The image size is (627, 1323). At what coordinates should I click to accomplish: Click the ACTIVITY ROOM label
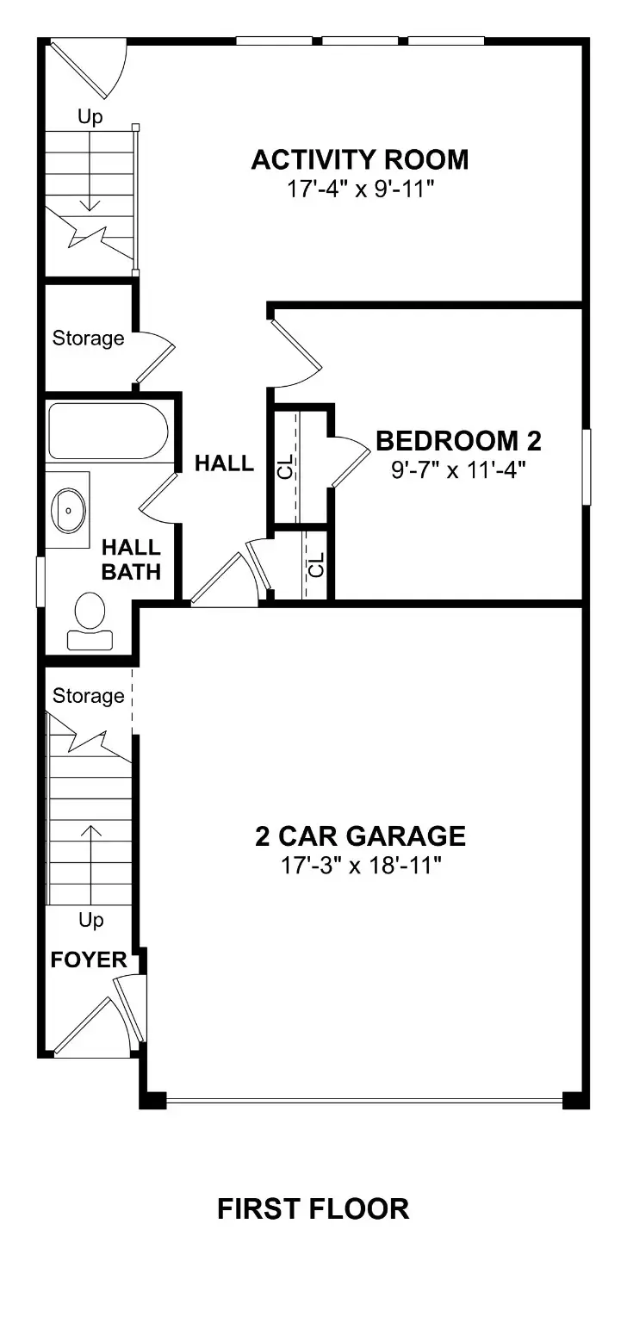[x=360, y=160]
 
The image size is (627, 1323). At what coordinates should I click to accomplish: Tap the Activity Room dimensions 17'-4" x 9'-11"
[x=360, y=189]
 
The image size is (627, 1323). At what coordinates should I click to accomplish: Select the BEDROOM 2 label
[x=458, y=441]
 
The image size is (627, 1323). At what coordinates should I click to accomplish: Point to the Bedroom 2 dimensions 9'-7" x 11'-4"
[x=458, y=469]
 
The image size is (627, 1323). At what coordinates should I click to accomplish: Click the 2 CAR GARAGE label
[x=360, y=835]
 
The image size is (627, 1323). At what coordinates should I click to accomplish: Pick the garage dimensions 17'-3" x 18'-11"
[x=360, y=865]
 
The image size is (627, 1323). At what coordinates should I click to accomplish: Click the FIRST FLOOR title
[x=313, y=1208]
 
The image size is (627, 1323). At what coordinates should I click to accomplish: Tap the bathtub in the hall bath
[x=108, y=431]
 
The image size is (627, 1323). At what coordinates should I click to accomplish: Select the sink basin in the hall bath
[x=68, y=509]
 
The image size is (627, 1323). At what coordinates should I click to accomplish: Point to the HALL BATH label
[x=131, y=559]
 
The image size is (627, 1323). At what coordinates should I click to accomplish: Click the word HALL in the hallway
[x=224, y=463]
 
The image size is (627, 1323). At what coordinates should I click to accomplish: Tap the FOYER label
[x=89, y=960]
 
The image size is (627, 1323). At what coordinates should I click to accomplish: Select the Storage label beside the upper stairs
[x=88, y=339]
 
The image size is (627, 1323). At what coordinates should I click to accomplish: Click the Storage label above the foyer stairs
[x=88, y=695]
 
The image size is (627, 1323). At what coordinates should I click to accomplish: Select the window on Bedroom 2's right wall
[x=587, y=466]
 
